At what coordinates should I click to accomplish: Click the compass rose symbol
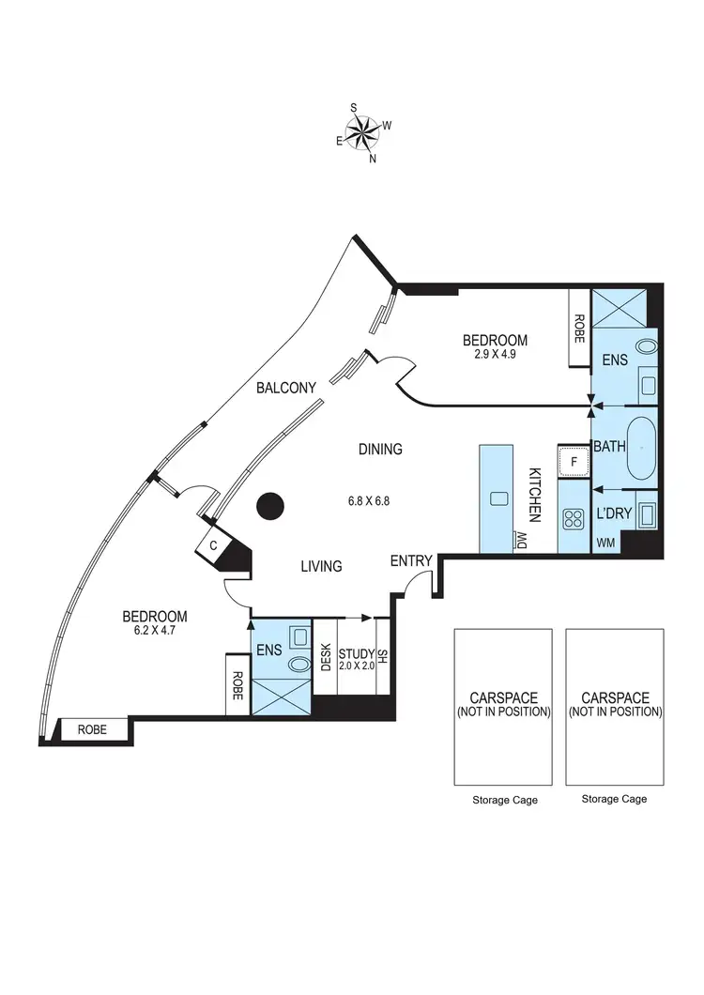[x=363, y=133]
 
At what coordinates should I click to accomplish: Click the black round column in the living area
[x=270, y=507]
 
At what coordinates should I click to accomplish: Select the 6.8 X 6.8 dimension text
[x=367, y=501]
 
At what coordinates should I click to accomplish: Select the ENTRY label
[x=411, y=561]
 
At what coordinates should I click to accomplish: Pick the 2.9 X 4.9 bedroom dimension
[x=495, y=355]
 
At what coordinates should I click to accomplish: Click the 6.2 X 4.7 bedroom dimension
[x=155, y=631]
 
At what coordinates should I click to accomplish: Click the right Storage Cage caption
[x=614, y=800]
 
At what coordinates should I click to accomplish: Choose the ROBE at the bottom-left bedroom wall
[x=91, y=728]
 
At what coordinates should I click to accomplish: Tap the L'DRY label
[x=612, y=513]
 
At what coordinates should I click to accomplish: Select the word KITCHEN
[x=534, y=495]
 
